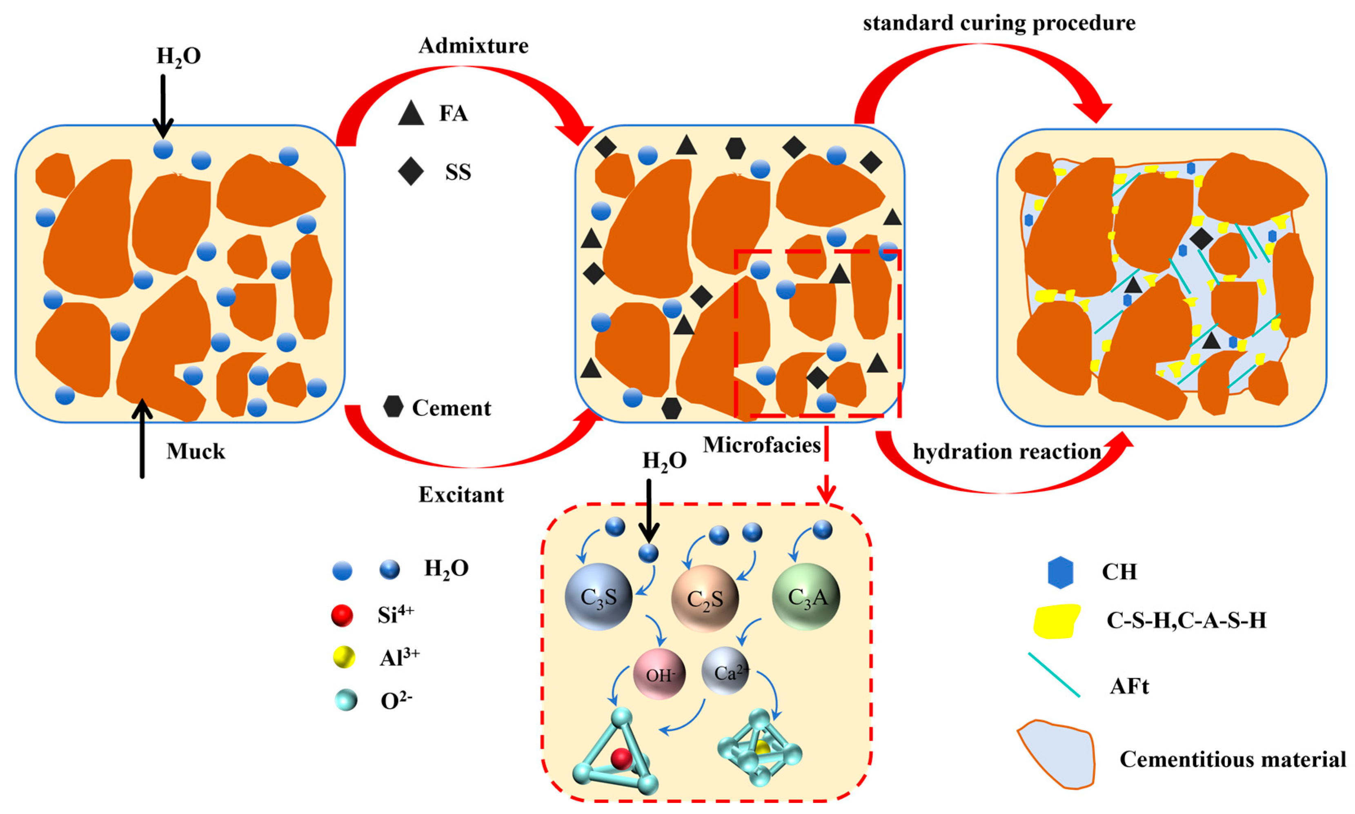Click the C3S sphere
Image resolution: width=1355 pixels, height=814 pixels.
[599, 597]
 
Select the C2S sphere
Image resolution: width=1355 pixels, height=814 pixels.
[705, 598]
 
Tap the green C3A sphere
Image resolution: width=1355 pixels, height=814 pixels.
[806, 597]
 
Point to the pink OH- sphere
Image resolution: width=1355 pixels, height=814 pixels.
[659, 674]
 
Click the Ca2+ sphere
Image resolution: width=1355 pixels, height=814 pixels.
[725, 671]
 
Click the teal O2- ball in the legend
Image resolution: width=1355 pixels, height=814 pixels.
[346, 701]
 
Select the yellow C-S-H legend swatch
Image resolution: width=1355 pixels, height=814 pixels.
[1056, 621]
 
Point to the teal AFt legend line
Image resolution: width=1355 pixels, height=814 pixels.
[1054, 675]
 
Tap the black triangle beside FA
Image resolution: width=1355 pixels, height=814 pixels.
[411, 113]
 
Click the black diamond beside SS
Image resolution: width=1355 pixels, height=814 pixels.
[411, 172]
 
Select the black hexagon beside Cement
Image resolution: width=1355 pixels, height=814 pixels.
[393, 407]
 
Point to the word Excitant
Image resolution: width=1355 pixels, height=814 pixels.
[461, 495]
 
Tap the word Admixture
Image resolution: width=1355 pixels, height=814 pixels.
[474, 46]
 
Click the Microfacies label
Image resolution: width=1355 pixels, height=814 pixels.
[761, 445]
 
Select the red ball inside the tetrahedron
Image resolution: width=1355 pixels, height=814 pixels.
[621, 758]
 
